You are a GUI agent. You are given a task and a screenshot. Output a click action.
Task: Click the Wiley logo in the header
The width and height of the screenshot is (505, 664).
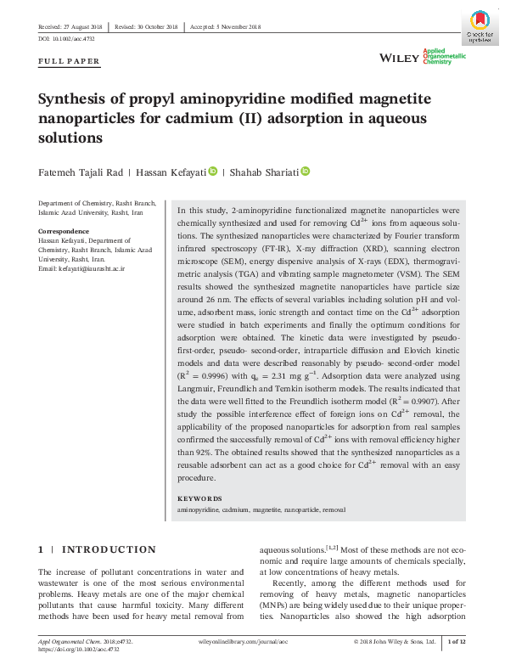398,57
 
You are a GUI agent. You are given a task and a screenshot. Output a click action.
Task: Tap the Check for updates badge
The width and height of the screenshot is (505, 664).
480,25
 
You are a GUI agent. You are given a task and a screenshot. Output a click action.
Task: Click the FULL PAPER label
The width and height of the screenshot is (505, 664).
70,61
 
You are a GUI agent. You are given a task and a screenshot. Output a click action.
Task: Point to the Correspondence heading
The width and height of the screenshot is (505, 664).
64,231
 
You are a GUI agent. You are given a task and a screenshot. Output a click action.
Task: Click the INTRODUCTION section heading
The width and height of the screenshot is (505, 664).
109,549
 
